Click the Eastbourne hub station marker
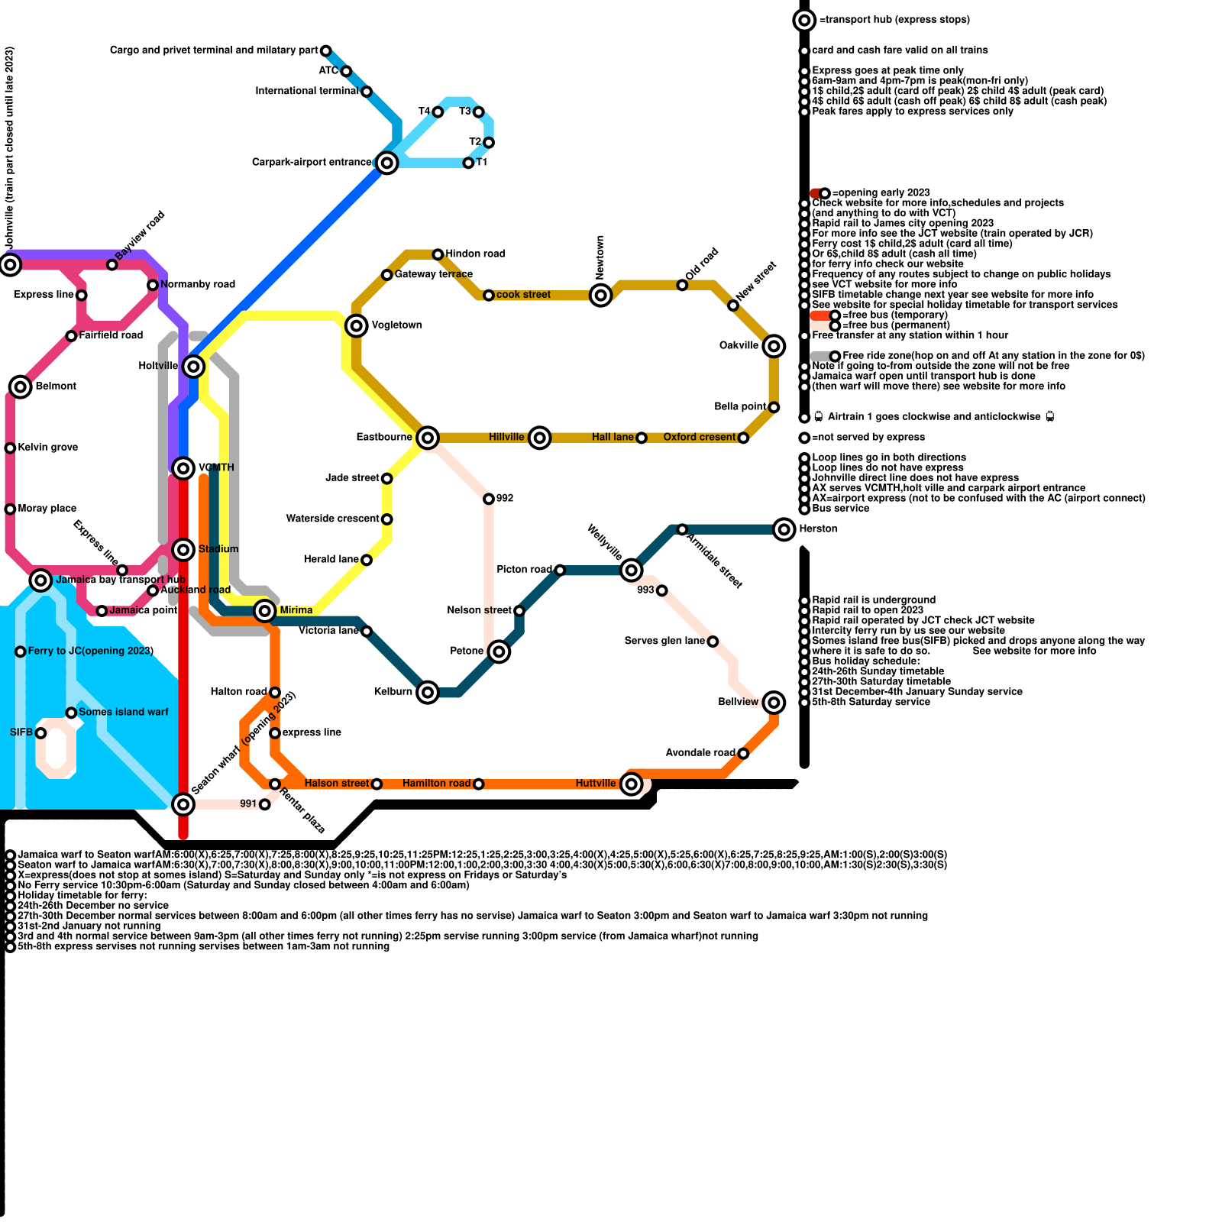[x=428, y=438]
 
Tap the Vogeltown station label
[x=396, y=325]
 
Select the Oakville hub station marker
[x=774, y=346]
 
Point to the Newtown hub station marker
[x=601, y=295]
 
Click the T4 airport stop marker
[x=438, y=112]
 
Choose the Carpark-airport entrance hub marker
[x=387, y=163]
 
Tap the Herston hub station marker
[x=784, y=529]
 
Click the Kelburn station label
[x=393, y=692]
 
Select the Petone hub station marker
[x=499, y=651]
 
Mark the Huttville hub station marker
[x=631, y=784]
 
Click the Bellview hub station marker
[x=774, y=702]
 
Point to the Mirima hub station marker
[x=265, y=610]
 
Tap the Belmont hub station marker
[x=21, y=386]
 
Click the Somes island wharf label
[x=123, y=712]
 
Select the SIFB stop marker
[x=41, y=733]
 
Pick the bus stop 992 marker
[x=489, y=499]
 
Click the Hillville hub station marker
[x=540, y=438]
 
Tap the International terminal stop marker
[x=367, y=92]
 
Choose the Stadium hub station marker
[x=183, y=549]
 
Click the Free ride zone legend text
[x=993, y=355]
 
